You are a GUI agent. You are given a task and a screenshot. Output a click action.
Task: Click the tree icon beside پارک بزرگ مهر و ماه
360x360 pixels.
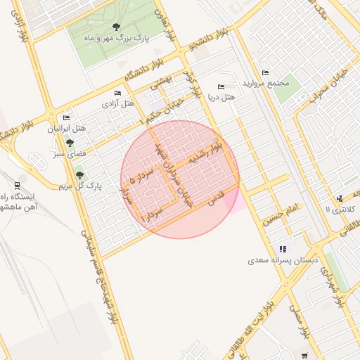115,27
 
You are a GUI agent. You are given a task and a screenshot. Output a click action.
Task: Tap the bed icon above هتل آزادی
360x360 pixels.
118,93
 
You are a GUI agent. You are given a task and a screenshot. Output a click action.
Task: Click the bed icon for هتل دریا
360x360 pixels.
221,86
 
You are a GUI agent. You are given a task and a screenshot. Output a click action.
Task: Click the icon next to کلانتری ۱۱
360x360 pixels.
340,198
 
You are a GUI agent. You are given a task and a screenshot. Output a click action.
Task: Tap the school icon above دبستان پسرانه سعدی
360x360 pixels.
283,249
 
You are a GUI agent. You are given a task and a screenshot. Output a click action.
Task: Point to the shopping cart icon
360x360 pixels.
304,356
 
